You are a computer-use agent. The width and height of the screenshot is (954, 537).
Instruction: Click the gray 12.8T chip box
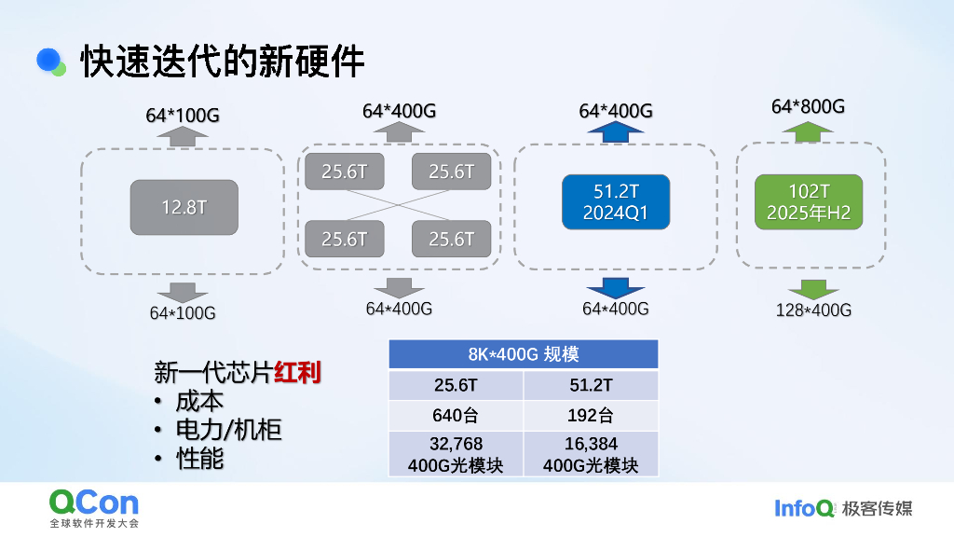[x=184, y=207]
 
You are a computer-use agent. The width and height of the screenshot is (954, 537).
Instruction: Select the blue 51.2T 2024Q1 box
[x=615, y=201]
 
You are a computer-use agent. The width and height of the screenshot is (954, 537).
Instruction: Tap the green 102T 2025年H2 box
[x=809, y=201]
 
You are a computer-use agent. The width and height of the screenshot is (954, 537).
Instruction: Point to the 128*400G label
[x=813, y=310]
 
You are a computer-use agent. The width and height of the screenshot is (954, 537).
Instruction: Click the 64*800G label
[x=808, y=106]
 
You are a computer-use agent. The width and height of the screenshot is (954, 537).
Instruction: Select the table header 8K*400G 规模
[x=523, y=354]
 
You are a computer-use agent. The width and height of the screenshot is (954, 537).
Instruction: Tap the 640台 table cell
[x=457, y=416]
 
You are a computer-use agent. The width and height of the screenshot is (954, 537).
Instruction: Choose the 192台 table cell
[x=591, y=416]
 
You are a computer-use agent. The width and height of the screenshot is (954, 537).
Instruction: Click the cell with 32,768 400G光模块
[x=457, y=454]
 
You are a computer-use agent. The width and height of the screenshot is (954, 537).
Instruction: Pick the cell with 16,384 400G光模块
[x=591, y=454]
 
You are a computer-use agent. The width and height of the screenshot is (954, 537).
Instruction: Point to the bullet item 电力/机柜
[x=228, y=430]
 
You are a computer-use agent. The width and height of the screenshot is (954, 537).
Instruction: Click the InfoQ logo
[x=804, y=508]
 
